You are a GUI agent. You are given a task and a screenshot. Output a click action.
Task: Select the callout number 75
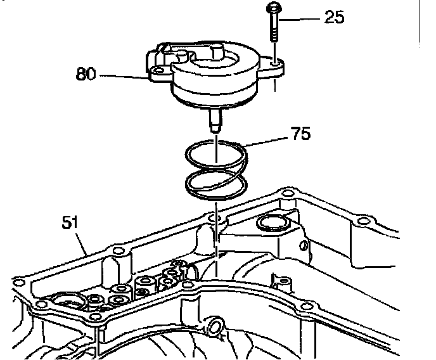(x=300, y=135)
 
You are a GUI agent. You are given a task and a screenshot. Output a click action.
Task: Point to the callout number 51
(x=70, y=223)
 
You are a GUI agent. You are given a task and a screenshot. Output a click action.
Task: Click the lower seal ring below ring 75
(x=215, y=184)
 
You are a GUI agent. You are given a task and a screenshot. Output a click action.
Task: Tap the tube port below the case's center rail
(x=214, y=327)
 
